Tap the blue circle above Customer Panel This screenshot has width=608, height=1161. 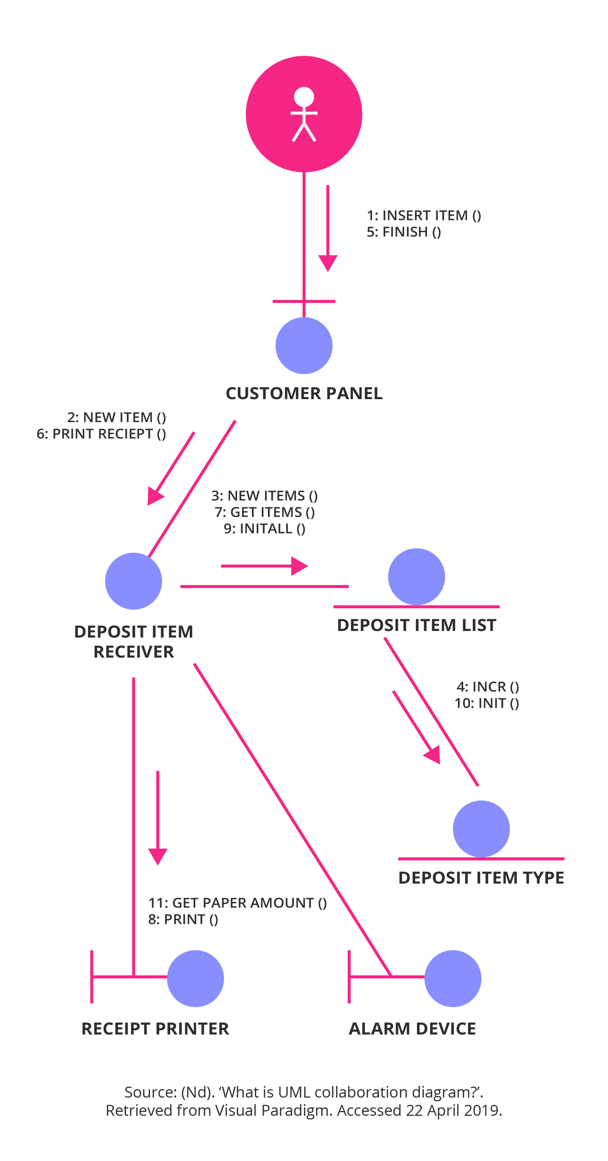[303, 345]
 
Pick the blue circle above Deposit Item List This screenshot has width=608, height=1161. [416, 576]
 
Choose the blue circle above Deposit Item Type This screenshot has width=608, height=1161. [481, 829]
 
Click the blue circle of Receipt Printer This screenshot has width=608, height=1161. [195, 978]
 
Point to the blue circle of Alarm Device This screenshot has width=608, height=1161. [452, 978]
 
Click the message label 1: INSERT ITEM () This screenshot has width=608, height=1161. [423, 215]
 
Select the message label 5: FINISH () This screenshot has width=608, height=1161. [404, 232]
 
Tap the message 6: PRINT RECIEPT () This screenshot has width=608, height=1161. [101, 433]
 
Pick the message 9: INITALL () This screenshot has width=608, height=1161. [264, 528]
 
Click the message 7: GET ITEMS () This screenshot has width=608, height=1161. [264, 512]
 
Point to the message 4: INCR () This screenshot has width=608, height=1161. [488, 686]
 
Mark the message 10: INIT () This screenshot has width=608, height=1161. [486, 703]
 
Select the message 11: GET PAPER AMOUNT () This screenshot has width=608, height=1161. [237, 903]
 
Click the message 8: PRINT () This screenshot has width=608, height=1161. [183, 919]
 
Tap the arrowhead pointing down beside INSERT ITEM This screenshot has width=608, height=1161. [328, 262]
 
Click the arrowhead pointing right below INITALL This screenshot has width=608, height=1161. [299, 566]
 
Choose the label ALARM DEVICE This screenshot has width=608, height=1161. [412, 1028]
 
